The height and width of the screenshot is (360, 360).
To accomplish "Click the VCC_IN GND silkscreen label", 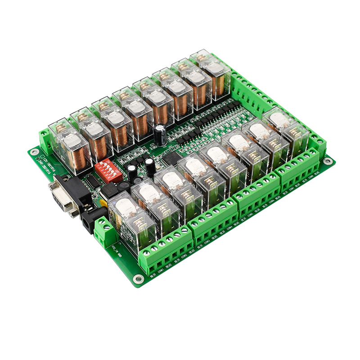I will pyautogui.click(x=118, y=247).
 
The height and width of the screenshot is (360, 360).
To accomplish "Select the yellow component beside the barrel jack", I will pyautogui.click(x=103, y=203).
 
